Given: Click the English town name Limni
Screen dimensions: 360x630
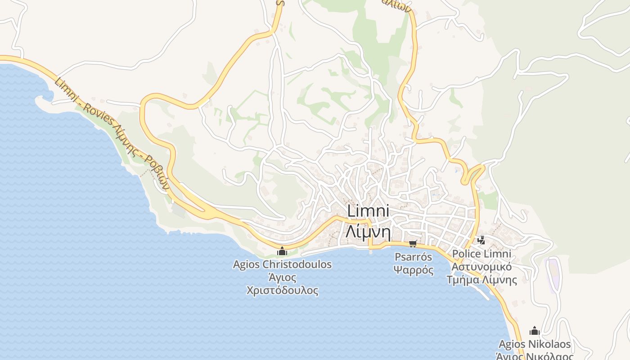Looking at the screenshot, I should coord(368,211).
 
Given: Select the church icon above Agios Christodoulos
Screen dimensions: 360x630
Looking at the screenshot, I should coord(282,251).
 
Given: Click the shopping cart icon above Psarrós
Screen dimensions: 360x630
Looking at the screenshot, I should coord(413,244).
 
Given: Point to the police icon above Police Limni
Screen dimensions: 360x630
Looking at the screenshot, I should coord(481,240).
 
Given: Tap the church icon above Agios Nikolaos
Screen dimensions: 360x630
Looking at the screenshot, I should coord(535,331).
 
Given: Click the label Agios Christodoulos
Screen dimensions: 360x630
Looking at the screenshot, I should coord(282,264).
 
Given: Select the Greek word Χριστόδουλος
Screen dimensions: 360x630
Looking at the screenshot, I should coord(282,290).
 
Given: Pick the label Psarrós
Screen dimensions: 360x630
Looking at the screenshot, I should coord(413,257).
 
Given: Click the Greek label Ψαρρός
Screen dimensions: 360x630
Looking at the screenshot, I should coord(413,270).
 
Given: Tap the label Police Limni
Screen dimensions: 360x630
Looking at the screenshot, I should coord(481,254).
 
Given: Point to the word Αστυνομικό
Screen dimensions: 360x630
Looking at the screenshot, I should coord(481,267).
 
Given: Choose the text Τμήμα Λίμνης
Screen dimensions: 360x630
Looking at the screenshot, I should coord(481,280).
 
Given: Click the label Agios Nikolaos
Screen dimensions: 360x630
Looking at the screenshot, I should coord(535,345).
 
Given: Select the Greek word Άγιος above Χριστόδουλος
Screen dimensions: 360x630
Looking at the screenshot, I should coord(282,277).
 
